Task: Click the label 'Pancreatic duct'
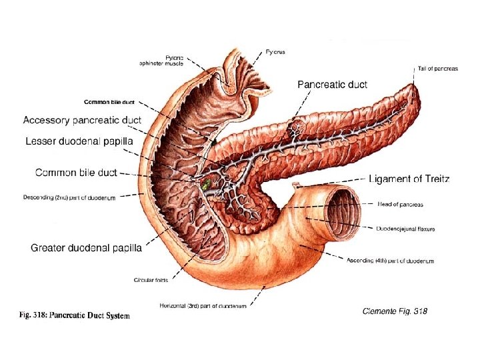[x=332, y=85]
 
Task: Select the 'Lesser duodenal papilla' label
[x=79, y=141]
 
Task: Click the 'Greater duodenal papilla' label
[x=86, y=248]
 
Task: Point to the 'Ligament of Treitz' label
[x=409, y=179]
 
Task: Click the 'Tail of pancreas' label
[x=437, y=69]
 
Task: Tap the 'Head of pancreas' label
[x=401, y=204]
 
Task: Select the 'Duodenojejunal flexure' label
[x=405, y=229]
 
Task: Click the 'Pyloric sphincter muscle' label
[x=161, y=61]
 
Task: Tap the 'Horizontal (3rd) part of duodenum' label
[x=203, y=306]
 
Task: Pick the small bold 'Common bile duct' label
[x=109, y=102]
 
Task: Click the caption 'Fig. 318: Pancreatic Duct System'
[x=74, y=315]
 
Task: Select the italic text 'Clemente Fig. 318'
[x=394, y=311]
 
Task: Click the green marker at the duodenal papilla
[x=207, y=181]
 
